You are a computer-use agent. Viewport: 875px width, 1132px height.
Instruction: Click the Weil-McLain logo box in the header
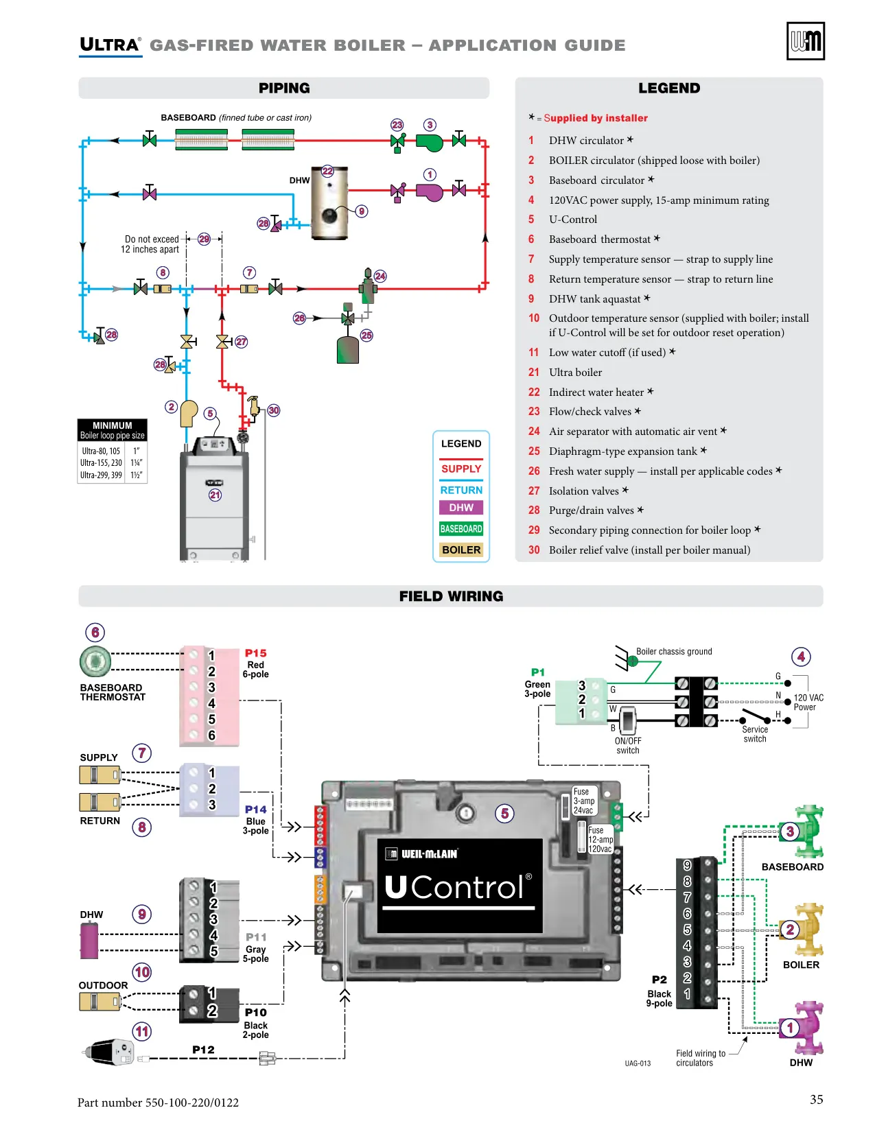(805, 41)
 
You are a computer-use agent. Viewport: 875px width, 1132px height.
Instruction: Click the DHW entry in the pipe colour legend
(461, 508)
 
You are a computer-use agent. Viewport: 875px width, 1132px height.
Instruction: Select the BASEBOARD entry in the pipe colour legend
(461, 529)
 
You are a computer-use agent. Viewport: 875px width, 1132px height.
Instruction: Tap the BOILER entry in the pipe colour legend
(461, 550)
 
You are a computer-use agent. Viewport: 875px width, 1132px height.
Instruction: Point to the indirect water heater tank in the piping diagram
(329, 202)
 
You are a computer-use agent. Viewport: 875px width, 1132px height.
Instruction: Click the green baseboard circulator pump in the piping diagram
(430, 142)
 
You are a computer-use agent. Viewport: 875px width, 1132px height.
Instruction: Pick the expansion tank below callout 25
(348, 350)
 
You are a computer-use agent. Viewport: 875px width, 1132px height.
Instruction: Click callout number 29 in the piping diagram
(205, 239)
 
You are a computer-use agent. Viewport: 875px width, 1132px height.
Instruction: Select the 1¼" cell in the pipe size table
(137, 462)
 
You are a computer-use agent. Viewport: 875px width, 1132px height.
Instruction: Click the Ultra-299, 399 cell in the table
(101, 475)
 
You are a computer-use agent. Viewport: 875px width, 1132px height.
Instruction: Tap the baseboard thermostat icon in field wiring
(95, 661)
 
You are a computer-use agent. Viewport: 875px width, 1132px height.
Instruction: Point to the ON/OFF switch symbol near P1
(628, 720)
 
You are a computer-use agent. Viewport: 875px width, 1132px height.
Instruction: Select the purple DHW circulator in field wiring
(803, 1028)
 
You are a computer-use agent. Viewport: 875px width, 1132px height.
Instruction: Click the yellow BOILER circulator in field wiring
(803, 930)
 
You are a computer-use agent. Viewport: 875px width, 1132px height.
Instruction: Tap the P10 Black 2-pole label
(256, 1023)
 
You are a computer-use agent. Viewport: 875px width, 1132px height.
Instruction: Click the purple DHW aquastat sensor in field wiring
(89, 941)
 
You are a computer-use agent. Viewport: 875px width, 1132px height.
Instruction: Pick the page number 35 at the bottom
(816, 1099)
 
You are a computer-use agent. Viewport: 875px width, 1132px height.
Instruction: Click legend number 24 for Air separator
(534, 432)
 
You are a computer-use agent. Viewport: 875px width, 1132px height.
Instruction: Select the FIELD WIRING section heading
(452, 596)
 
